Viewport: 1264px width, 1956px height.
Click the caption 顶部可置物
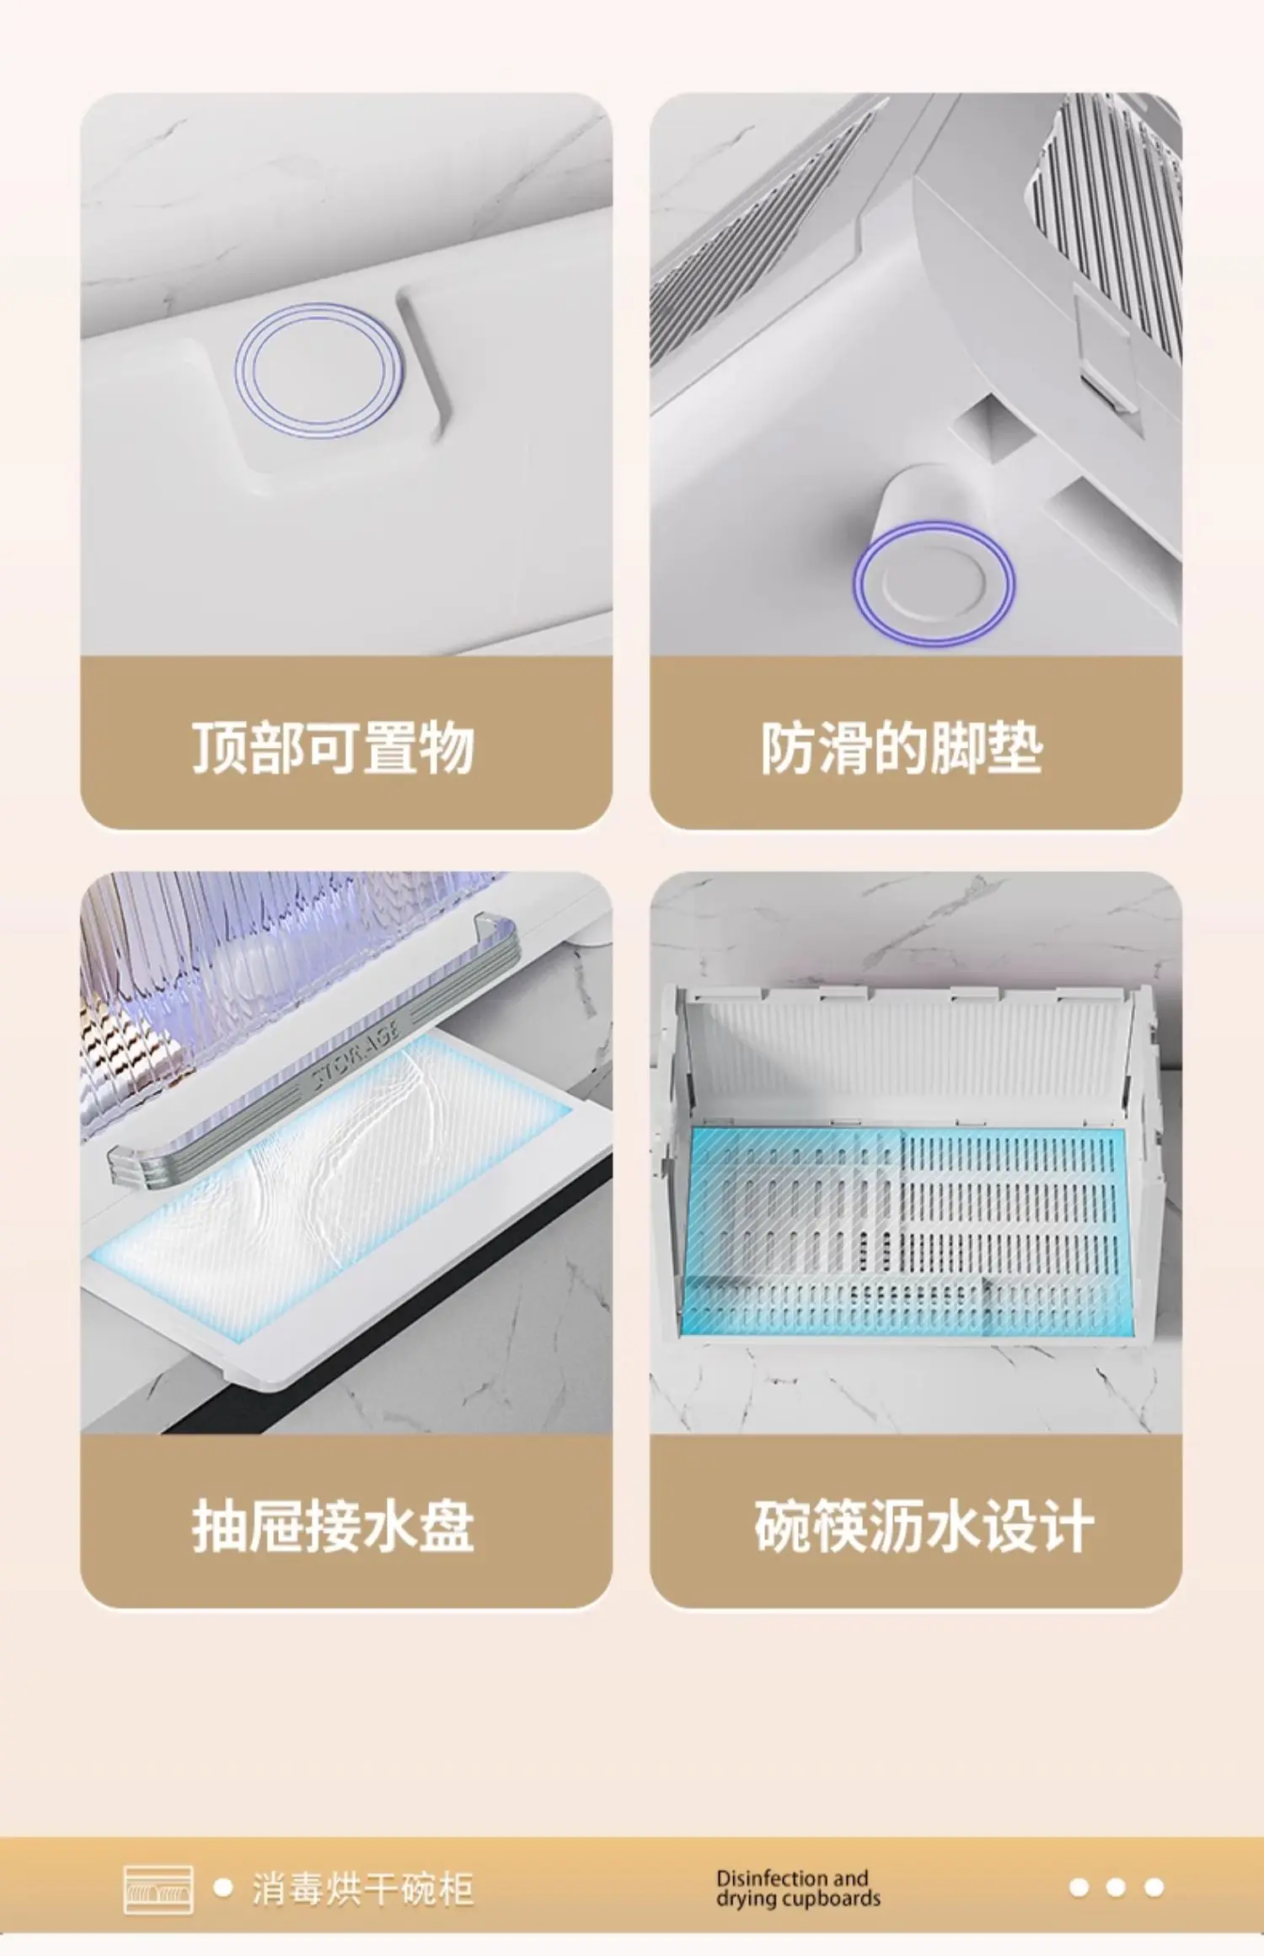(x=334, y=747)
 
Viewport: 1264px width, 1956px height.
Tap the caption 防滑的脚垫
(x=902, y=747)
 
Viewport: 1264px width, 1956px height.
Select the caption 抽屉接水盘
(x=334, y=1526)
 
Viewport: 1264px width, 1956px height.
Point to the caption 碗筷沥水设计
(x=924, y=1526)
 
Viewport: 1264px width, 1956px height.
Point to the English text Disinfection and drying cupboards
(x=798, y=1889)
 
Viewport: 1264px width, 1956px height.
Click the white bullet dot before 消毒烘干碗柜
(x=223, y=1888)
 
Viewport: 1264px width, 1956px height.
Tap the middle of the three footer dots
(x=1116, y=1888)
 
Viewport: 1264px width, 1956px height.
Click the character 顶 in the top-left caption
(x=220, y=747)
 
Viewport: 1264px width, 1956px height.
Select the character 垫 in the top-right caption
(x=1016, y=747)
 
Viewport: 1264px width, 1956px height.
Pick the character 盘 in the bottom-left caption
(x=447, y=1526)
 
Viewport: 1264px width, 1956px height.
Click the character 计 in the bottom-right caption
(x=1068, y=1526)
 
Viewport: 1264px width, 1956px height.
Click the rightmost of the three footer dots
(x=1154, y=1888)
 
